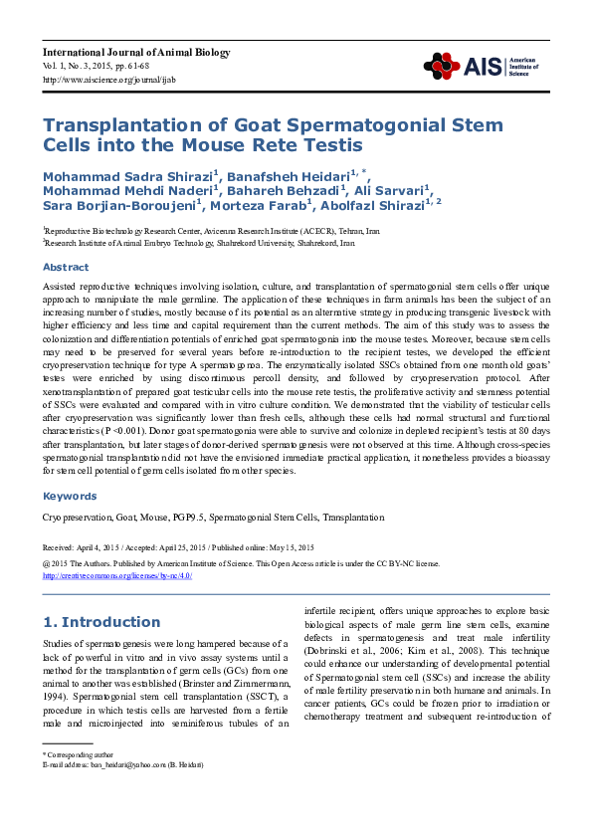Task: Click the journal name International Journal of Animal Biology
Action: pyautogui.click(x=136, y=52)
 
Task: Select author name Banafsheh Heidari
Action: pyautogui.click(x=295, y=177)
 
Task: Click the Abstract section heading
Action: pyautogui.click(x=65, y=267)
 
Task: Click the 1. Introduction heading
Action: pyautogui.click(x=100, y=622)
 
